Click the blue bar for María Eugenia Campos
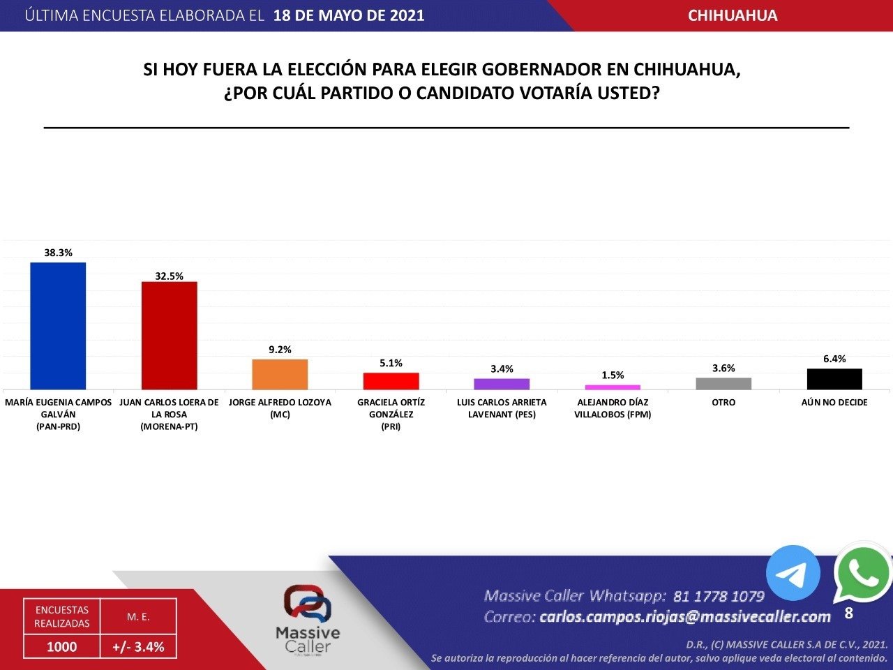pos(58,326)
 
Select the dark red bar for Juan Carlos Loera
pos(169,335)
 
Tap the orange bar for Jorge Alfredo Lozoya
pos(280,374)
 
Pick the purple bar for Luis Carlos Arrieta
pos(502,384)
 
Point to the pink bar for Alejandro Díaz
pos(613,387)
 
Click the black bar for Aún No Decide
pos(834,379)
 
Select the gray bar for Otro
pos(723,383)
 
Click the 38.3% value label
pos(58,253)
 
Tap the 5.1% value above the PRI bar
pos(391,364)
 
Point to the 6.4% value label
pos(834,359)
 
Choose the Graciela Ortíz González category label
pos(391,414)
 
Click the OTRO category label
pos(723,403)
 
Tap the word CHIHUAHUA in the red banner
pos(733,15)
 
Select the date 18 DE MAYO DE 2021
pos(349,15)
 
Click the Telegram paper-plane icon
pos(793,573)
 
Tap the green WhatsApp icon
pos(863,573)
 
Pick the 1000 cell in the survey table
pos(61,647)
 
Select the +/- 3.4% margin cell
pos(138,647)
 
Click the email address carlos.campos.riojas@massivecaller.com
pos(685,617)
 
